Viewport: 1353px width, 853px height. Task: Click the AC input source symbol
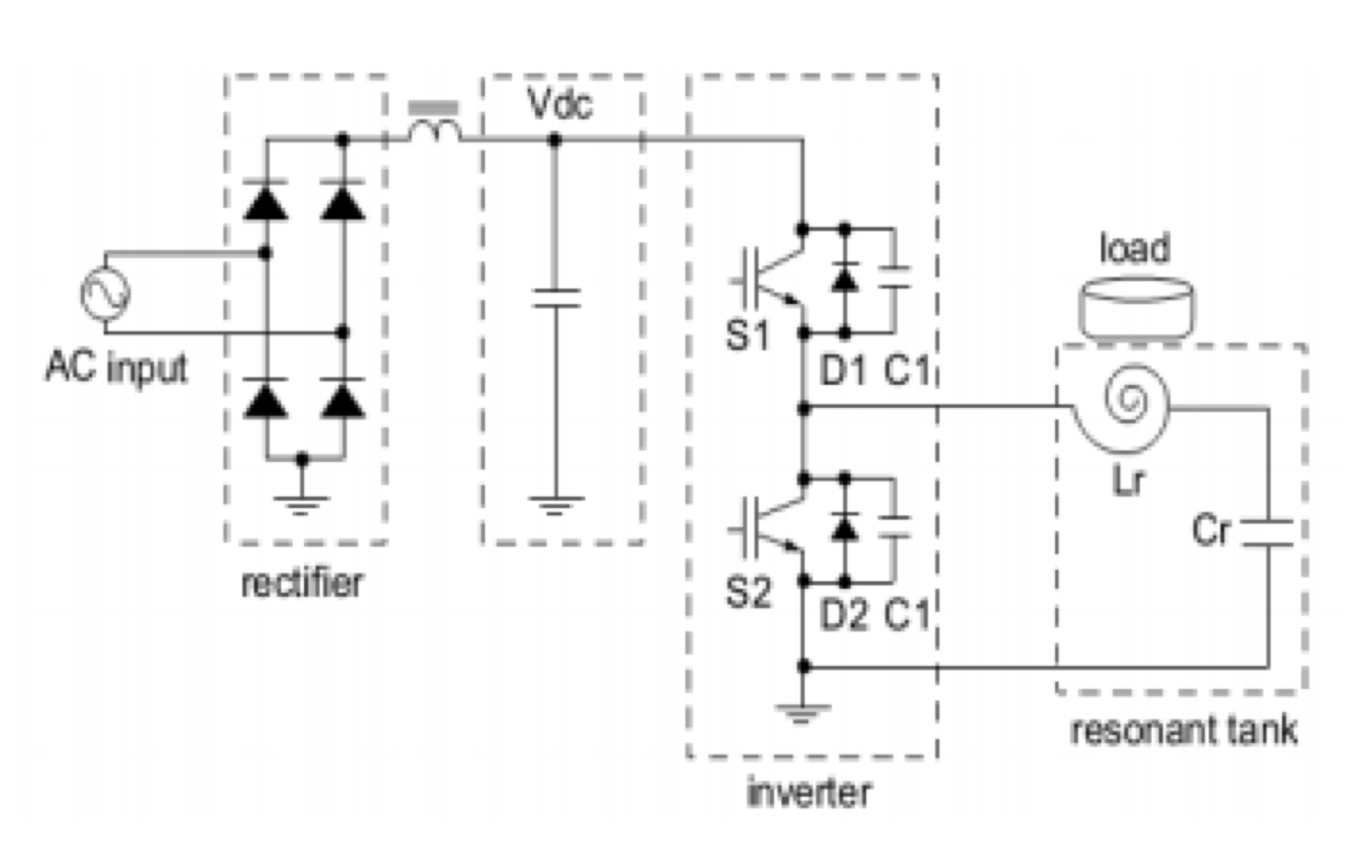click(x=106, y=293)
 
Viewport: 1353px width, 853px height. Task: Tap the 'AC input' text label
click(x=116, y=367)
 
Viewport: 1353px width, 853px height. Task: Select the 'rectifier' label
click(x=302, y=583)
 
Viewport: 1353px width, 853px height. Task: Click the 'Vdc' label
click(x=559, y=105)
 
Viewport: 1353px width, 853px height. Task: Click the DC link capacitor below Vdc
click(x=556, y=298)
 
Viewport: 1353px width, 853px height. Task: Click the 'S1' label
click(x=747, y=336)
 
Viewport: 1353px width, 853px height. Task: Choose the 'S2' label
click(x=747, y=592)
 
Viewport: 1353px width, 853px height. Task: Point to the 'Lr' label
click(x=1129, y=481)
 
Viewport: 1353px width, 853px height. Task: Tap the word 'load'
click(x=1135, y=248)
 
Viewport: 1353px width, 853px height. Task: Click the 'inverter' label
click(x=809, y=792)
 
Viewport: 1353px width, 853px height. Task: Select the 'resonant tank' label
click(x=1184, y=730)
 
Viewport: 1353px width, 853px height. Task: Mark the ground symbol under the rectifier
click(x=301, y=504)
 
